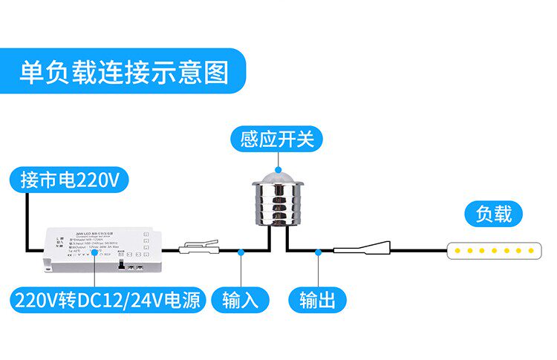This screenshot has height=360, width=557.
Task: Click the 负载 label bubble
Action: click(x=494, y=215)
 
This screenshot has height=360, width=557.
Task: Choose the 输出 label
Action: click(x=317, y=300)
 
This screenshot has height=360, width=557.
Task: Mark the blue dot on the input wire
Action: click(x=241, y=252)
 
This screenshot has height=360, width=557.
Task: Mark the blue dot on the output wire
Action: click(x=318, y=252)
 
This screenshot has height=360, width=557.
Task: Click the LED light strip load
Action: click(x=493, y=251)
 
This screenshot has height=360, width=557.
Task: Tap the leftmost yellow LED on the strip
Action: click(x=458, y=251)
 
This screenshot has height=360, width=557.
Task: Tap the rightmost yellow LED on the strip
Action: click(x=529, y=251)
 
